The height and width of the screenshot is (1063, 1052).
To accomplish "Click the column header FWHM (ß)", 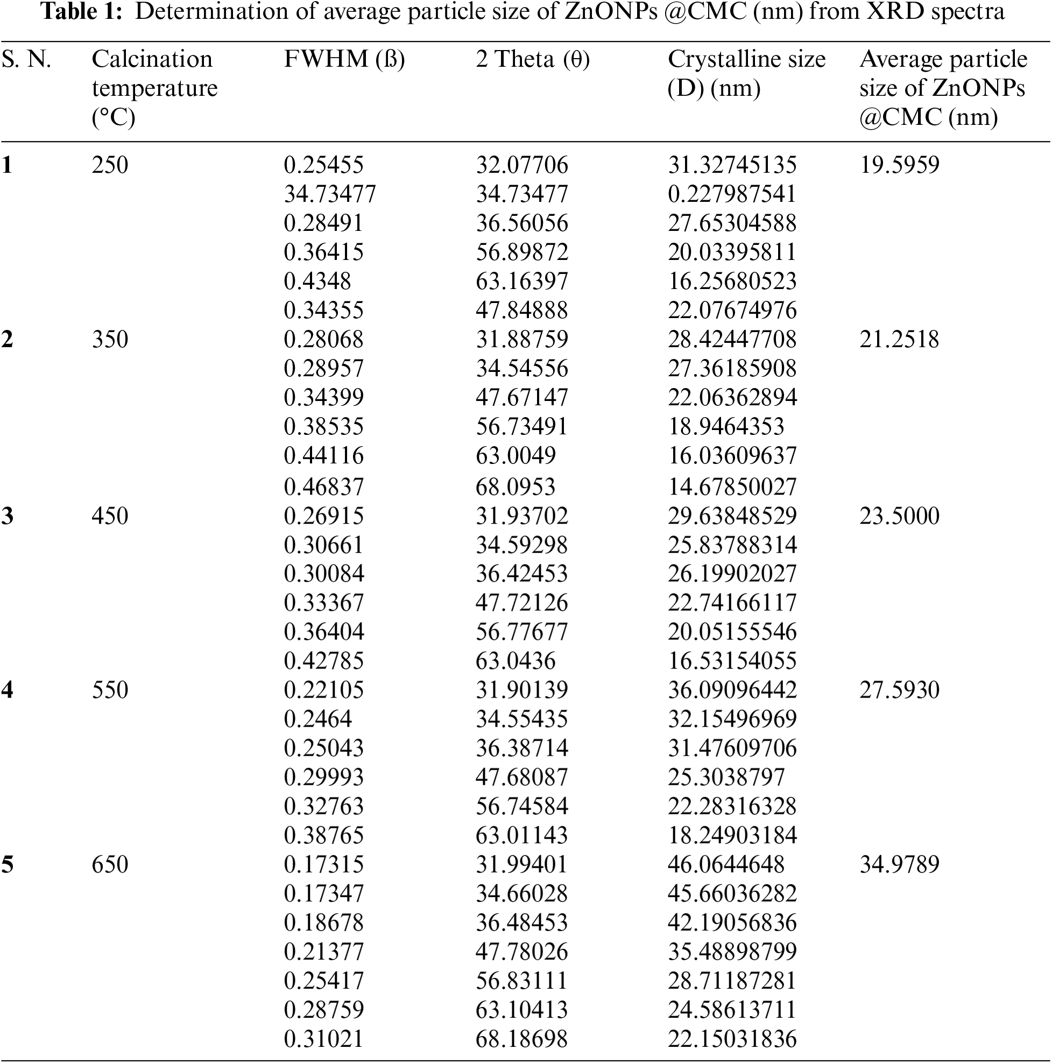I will (344, 59).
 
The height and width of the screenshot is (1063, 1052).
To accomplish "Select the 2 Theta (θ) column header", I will (532, 59).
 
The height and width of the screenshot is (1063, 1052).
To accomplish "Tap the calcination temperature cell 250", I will (109, 165).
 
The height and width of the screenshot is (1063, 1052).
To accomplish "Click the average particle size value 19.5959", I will (899, 165).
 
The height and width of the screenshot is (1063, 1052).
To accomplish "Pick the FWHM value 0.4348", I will (317, 281).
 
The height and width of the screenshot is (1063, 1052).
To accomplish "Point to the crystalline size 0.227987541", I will (732, 194).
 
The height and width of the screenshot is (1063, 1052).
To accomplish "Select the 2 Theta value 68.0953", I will (515, 487).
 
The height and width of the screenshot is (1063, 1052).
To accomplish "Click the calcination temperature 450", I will (109, 516).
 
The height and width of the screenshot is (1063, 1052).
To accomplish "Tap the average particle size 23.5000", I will (899, 516).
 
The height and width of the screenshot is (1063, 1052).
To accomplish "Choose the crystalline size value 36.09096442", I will (732, 690).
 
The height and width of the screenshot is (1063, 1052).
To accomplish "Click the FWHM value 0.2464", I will (317, 719).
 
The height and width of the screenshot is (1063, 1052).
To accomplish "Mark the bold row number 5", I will (7, 864).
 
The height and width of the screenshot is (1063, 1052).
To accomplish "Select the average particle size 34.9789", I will (899, 864).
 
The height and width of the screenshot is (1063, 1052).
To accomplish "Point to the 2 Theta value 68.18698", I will (521, 1039).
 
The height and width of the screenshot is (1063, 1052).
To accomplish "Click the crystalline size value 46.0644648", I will (726, 864).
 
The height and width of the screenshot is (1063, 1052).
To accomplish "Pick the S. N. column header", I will (26, 59).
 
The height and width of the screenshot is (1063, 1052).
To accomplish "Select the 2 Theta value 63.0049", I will (515, 455).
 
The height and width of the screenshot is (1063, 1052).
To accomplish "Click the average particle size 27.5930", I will (899, 690).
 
